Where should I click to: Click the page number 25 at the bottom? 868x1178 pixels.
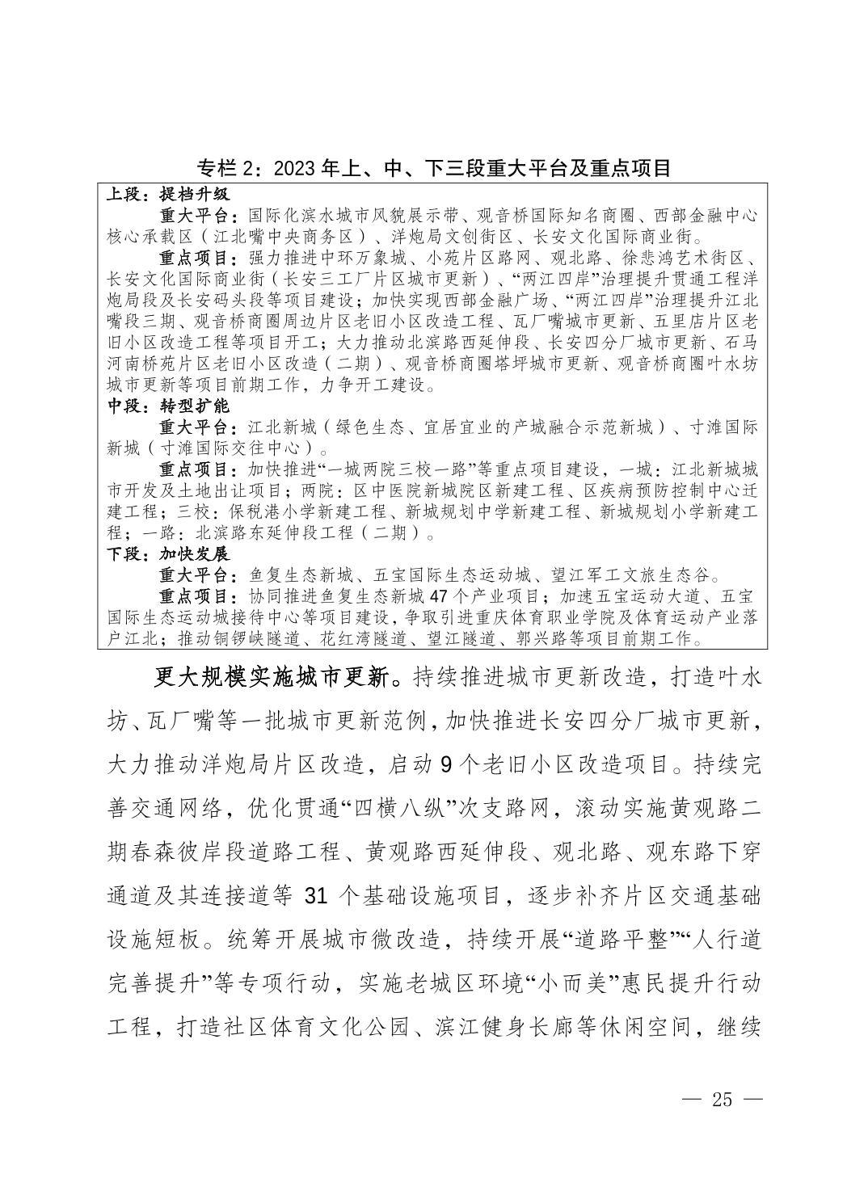722,1100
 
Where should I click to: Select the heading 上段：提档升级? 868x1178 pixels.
169,195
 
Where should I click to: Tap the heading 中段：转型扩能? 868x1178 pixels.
169,406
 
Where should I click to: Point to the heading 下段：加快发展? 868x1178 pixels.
169,554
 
